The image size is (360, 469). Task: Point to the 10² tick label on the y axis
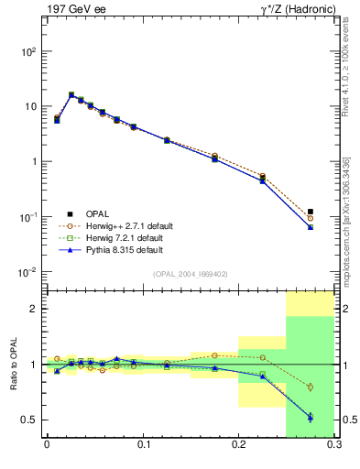[x=27, y=52]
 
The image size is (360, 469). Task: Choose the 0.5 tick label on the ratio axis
[x=27, y=420]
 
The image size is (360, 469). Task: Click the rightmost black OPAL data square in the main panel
[x=311, y=212]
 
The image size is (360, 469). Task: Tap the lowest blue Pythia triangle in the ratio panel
[x=311, y=418]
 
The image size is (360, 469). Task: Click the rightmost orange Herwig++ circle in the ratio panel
[x=311, y=387]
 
